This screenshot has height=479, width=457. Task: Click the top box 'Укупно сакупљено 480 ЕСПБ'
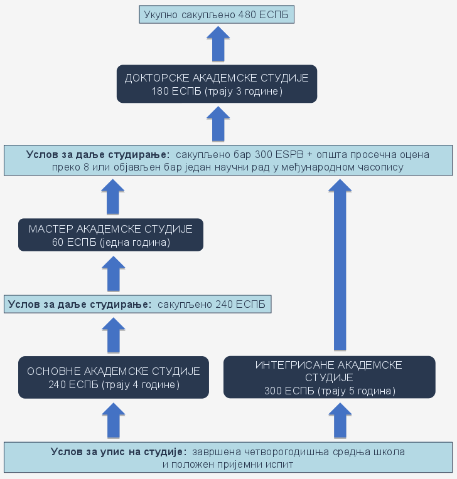tap(217, 14)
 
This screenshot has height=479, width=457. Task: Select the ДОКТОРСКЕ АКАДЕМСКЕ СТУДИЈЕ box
tap(217, 84)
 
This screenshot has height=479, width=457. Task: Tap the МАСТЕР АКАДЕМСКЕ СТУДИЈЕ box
tap(110, 234)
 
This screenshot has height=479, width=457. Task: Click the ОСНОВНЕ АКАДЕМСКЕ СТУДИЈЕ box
tap(114, 377)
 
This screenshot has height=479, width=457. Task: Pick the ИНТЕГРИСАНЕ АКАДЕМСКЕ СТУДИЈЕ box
tap(329, 377)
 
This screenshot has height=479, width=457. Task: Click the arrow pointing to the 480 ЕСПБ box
tap(218, 44)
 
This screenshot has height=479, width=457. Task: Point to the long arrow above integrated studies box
tap(340, 263)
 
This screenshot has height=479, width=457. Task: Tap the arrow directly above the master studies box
tap(113, 196)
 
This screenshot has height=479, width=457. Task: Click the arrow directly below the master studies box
tap(113, 274)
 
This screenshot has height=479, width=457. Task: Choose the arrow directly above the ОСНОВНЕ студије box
tap(114, 335)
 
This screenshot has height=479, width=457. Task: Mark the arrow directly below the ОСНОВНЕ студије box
tap(114, 420)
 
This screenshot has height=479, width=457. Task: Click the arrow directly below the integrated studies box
tap(340, 420)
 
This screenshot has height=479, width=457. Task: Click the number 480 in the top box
tap(247, 14)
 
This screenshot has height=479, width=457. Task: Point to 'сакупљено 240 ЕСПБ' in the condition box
tap(210, 305)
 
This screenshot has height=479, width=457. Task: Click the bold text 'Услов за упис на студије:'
tap(119, 451)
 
